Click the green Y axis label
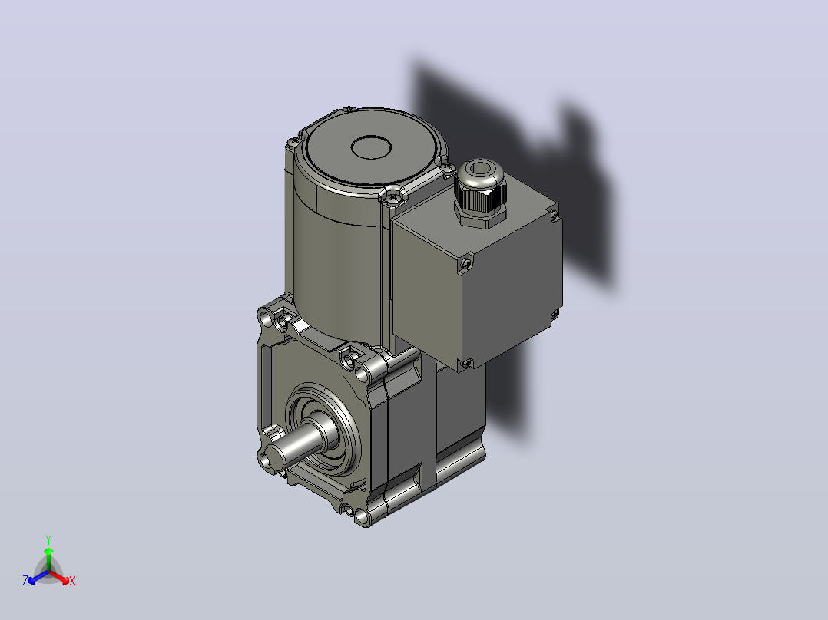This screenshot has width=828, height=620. point(48,539)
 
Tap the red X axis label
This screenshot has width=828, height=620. point(72,581)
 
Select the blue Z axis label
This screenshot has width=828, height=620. point(25,581)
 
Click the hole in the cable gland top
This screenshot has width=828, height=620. point(481,168)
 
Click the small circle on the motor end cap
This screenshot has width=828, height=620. point(371,147)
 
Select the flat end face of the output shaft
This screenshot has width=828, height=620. point(275,455)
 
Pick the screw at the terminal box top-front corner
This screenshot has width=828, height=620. point(465,262)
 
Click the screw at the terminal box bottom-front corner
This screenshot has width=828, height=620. point(466,362)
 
